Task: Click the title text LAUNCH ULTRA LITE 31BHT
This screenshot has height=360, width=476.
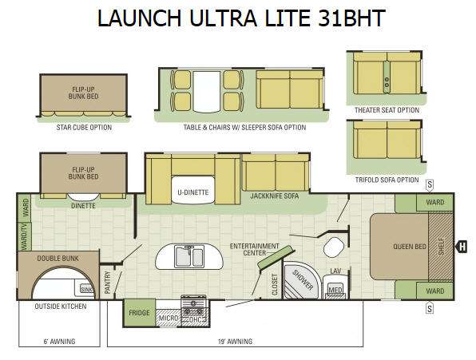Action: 241,18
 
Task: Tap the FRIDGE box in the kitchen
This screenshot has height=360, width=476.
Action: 139,313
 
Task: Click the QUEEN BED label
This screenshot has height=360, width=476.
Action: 410,247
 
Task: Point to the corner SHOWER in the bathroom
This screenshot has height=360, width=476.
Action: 301,280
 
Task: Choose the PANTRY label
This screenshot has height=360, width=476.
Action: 108,283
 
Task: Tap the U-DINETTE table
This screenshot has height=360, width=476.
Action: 193,190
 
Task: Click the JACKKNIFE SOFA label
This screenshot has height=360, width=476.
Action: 275,196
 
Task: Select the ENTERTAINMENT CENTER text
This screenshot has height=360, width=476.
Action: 255,249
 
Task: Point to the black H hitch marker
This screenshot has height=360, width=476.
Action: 461,247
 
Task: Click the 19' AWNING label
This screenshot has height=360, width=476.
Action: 235,342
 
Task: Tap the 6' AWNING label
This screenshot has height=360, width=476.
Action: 59,342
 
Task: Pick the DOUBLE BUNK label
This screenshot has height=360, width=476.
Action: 58,259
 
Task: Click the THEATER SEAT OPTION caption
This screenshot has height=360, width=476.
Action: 387,110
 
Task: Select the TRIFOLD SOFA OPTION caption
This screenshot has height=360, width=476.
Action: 387,180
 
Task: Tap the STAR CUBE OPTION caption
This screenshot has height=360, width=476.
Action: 84,128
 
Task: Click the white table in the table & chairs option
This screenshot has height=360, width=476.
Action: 207,92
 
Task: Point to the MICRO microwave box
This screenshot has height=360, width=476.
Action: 169,318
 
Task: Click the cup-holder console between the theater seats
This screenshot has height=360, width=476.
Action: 387,77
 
